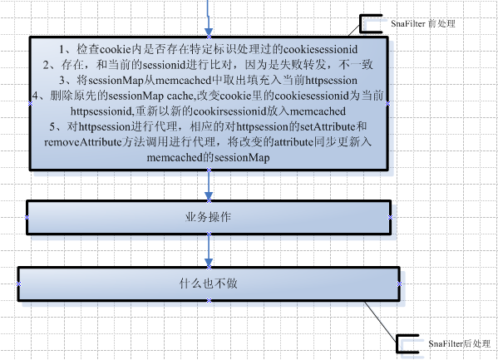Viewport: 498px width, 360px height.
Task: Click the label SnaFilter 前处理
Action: point(423,23)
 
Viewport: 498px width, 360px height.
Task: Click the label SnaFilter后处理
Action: point(459,343)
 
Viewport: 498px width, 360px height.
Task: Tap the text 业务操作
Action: point(209,217)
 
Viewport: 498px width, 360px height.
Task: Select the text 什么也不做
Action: point(209,284)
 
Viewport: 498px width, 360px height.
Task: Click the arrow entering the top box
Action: point(209,17)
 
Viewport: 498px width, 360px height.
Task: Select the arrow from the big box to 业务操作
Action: point(209,185)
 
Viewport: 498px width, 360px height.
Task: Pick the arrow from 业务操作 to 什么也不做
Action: point(209,251)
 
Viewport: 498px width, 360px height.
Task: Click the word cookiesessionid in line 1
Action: point(320,49)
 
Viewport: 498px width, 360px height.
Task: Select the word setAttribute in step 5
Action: point(328,126)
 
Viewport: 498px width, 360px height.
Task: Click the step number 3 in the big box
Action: point(62,81)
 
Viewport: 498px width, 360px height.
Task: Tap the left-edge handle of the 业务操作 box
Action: point(27,217)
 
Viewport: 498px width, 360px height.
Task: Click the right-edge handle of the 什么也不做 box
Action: point(399,284)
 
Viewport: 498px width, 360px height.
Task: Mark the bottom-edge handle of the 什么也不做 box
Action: point(209,300)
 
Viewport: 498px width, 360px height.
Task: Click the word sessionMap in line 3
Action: point(116,81)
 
